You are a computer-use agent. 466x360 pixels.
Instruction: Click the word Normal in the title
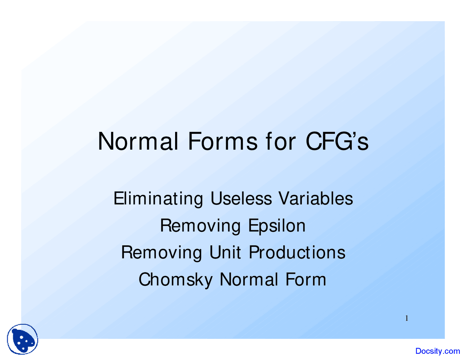click(x=138, y=142)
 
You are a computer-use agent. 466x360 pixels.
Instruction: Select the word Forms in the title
click(x=223, y=142)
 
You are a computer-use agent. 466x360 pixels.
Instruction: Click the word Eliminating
click(x=158, y=199)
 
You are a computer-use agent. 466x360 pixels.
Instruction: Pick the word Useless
click(x=241, y=198)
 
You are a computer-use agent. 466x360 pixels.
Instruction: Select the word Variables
click(x=316, y=198)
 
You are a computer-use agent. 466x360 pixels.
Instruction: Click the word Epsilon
click(x=277, y=226)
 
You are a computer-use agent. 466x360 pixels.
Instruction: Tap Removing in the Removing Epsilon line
click(x=201, y=226)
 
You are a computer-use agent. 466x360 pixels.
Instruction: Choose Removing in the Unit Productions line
click(x=162, y=253)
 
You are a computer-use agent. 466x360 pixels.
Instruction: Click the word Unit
click(x=225, y=252)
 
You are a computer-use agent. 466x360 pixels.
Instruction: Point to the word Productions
click(x=297, y=252)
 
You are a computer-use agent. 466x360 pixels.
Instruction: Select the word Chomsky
click(x=175, y=280)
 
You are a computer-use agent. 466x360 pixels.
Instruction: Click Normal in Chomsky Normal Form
click(x=249, y=279)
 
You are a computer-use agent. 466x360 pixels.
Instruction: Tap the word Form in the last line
click(x=305, y=279)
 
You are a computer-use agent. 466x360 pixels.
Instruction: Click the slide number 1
click(x=407, y=318)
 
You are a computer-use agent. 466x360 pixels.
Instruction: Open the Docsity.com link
click(x=438, y=351)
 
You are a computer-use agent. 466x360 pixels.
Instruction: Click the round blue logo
click(x=23, y=339)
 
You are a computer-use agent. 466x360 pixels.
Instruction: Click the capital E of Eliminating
click(x=118, y=198)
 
